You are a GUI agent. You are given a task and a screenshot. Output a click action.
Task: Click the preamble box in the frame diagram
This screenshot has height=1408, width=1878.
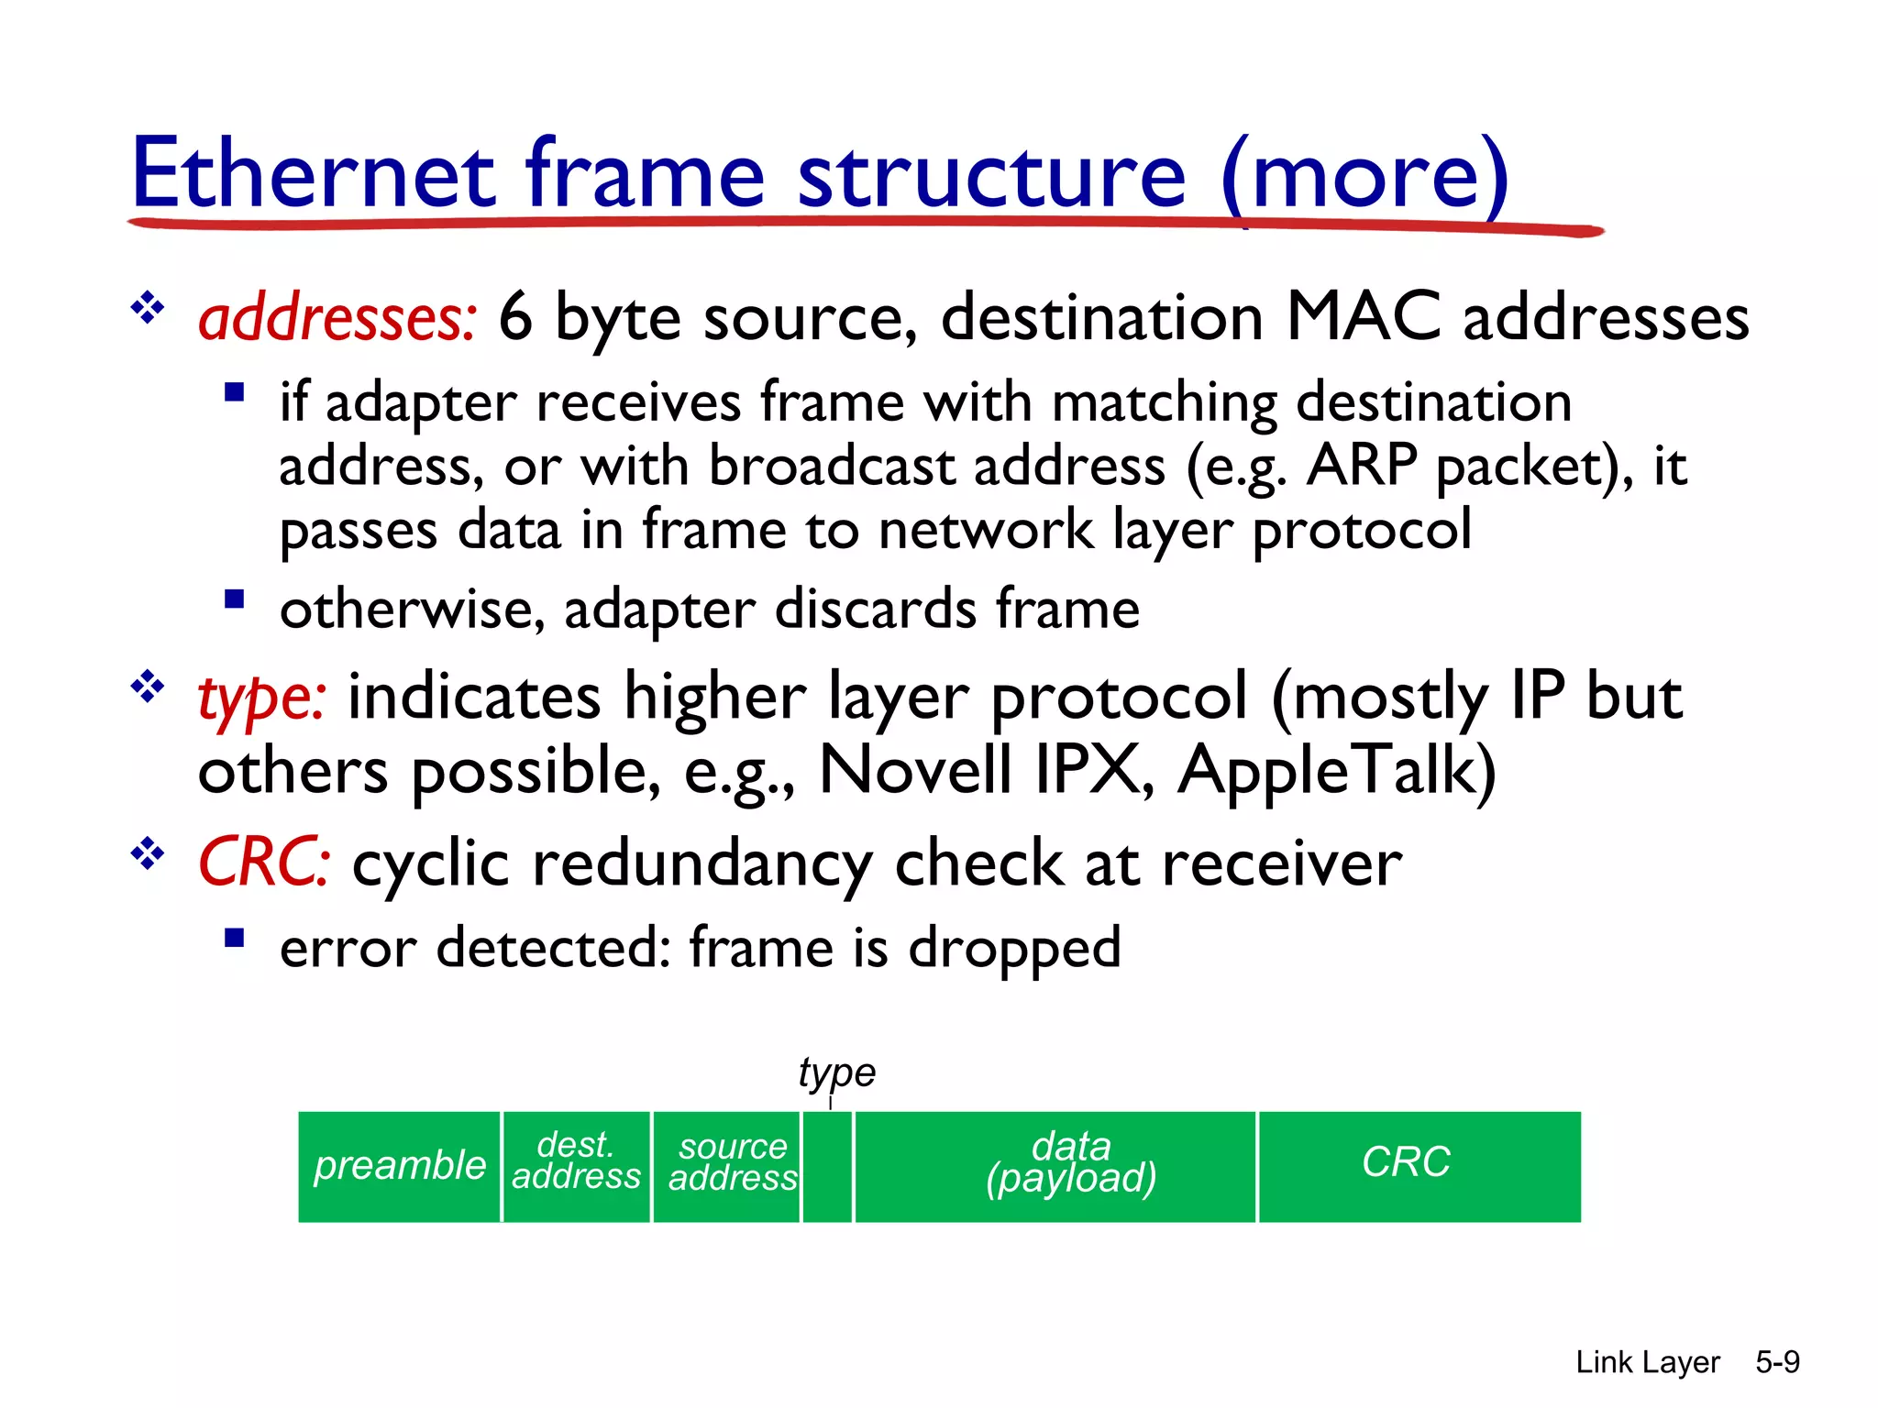(399, 1166)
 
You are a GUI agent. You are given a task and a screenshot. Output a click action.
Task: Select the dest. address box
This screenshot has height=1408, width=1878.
(576, 1166)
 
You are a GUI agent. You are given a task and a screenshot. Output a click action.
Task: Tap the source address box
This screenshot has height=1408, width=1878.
(726, 1166)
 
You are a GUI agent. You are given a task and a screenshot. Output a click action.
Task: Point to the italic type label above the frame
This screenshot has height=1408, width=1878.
(836, 1072)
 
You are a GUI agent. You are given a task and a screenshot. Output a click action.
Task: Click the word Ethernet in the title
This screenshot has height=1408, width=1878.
(314, 174)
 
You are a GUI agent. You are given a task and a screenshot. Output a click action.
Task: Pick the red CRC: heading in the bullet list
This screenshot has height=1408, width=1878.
(264, 863)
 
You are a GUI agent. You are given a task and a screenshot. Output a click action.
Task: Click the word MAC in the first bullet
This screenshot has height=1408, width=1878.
(1363, 317)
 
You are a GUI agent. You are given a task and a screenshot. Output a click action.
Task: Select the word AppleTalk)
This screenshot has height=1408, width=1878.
(1337, 771)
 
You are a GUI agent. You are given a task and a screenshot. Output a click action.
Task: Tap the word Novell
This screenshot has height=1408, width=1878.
(915, 771)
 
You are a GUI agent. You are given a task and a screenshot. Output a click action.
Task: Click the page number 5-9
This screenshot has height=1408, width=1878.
(1777, 1362)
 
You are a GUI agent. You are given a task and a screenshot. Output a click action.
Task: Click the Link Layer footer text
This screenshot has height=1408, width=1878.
(1647, 1362)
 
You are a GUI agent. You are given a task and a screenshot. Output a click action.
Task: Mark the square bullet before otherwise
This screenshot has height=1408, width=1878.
(235, 599)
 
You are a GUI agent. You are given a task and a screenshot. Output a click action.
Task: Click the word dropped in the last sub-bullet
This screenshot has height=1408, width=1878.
(1014, 948)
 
